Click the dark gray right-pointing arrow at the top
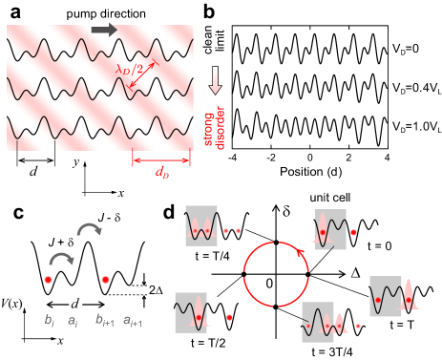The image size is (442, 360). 104,30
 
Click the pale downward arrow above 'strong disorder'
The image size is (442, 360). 215,80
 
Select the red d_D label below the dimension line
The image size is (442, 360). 160,172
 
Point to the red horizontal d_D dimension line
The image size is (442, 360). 160,159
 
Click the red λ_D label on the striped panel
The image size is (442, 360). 125,69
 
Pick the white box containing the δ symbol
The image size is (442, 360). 287,208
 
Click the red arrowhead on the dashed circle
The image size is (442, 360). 304,254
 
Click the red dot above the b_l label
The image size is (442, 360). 48,279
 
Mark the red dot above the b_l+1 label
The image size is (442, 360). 105,279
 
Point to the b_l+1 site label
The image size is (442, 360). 105,322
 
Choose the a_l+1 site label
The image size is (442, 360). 134,322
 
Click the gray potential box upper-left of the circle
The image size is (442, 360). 201,225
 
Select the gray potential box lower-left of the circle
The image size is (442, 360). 191,312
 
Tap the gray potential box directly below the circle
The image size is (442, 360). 318,322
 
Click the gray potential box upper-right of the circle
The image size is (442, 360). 330,229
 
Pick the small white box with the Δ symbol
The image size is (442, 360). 350,284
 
